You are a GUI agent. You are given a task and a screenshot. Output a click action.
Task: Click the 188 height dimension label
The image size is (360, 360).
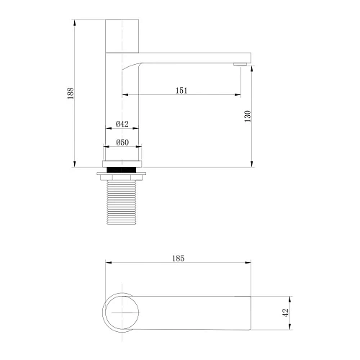(x=71, y=94)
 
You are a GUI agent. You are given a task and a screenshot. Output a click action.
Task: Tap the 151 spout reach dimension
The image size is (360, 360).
(x=181, y=91)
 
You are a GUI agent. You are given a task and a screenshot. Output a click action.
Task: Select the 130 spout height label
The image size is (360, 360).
(x=248, y=116)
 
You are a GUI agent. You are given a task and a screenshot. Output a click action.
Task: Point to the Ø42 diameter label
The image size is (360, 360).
(x=122, y=124)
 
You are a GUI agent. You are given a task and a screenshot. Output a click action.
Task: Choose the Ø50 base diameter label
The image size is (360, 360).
(x=122, y=143)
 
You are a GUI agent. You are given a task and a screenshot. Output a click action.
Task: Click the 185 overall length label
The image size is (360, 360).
(x=179, y=258)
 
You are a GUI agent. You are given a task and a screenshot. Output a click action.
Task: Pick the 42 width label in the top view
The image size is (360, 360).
(x=286, y=312)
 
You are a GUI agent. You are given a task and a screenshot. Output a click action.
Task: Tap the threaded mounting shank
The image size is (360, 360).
(x=122, y=202)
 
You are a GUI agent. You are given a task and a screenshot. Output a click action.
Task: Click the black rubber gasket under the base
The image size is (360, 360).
(x=122, y=170)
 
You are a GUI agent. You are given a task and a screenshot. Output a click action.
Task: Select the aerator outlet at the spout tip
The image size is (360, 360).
(x=240, y=64)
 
